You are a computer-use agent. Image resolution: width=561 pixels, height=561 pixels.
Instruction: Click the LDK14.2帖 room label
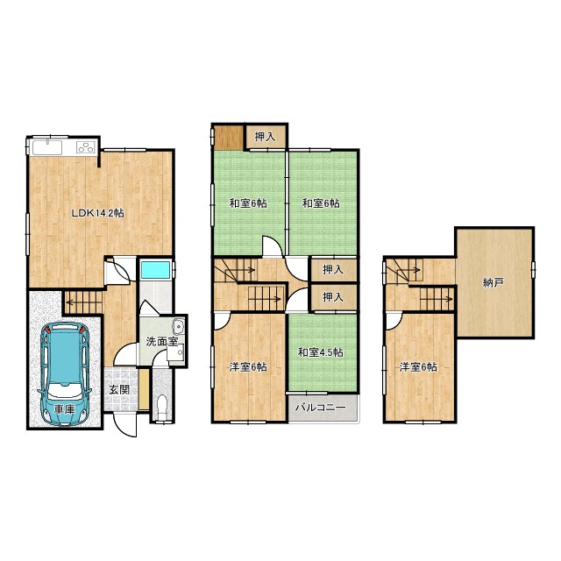click(x=97, y=214)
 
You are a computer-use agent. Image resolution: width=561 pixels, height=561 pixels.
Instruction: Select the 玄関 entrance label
click(x=119, y=389)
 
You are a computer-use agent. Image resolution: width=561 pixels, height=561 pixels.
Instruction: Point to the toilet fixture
click(x=162, y=407)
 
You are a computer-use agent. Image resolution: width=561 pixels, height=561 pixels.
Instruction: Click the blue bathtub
click(x=155, y=270)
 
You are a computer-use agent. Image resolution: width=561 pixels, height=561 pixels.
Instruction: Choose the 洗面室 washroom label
click(x=161, y=342)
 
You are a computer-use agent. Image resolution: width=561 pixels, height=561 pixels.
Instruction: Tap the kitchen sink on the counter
click(x=47, y=147)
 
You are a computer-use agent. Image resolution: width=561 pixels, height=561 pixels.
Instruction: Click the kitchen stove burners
click(x=86, y=147)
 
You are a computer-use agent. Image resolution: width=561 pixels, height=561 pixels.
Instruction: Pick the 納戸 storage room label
click(x=493, y=283)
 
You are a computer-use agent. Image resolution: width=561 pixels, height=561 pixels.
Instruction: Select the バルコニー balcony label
click(x=321, y=408)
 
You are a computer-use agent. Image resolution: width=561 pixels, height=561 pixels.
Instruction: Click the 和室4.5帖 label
click(x=321, y=352)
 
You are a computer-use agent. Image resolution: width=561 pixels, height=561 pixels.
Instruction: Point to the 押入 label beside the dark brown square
click(x=265, y=137)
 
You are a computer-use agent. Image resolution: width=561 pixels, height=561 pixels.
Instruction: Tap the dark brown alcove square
click(x=228, y=138)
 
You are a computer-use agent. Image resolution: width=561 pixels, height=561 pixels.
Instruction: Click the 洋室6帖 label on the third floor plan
click(x=418, y=367)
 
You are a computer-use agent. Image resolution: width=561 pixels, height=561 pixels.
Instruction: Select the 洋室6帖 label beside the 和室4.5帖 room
click(x=247, y=367)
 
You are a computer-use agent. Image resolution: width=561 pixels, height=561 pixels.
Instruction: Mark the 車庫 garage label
click(x=64, y=410)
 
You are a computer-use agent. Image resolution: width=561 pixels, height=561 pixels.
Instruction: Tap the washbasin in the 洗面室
click(x=178, y=326)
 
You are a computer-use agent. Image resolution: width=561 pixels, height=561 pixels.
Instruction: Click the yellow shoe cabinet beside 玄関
click(x=144, y=390)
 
